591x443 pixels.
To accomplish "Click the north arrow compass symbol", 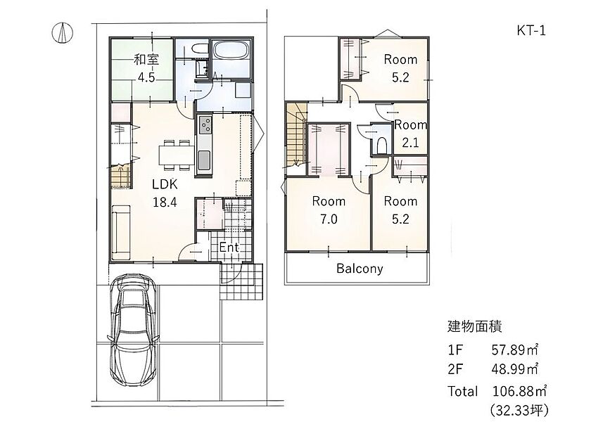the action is click(x=62, y=32).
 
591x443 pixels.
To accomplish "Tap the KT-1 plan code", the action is click(x=531, y=30).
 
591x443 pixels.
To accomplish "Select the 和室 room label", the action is click(x=146, y=60).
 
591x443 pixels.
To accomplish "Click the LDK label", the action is click(x=165, y=184).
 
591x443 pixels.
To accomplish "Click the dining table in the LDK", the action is click(x=177, y=155).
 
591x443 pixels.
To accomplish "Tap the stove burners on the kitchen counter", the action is click(x=205, y=124).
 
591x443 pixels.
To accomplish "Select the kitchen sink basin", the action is click(x=205, y=160).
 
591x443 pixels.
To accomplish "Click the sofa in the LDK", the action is click(x=120, y=233).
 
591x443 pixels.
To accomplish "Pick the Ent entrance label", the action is click(x=229, y=247).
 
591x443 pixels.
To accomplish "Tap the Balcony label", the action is click(x=360, y=269).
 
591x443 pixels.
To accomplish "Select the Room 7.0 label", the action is click(x=329, y=210).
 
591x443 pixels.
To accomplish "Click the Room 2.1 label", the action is click(x=410, y=134).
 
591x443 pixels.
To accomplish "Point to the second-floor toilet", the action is click(x=381, y=145).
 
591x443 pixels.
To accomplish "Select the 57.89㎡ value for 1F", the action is click(x=514, y=350).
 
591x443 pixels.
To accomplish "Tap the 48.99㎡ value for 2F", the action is click(x=514, y=369).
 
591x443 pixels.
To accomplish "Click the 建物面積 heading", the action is click(x=474, y=326).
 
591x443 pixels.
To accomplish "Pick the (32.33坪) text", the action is click(x=519, y=410).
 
